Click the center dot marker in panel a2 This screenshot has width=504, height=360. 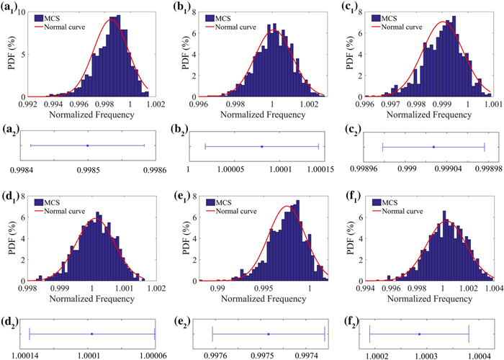click(x=87, y=145)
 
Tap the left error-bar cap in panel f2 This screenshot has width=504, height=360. click(x=369, y=334)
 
